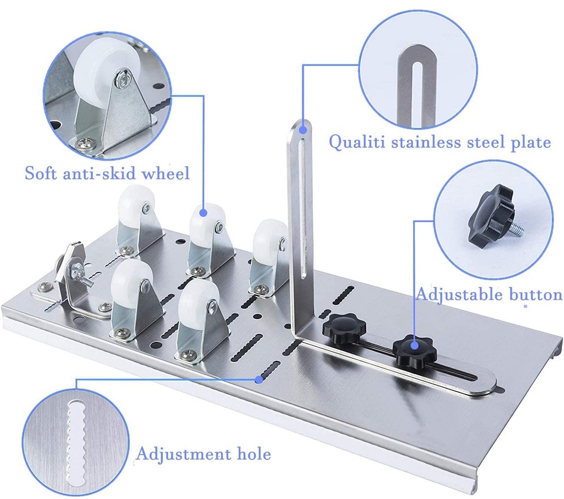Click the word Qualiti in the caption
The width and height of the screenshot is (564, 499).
pos(356,142)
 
